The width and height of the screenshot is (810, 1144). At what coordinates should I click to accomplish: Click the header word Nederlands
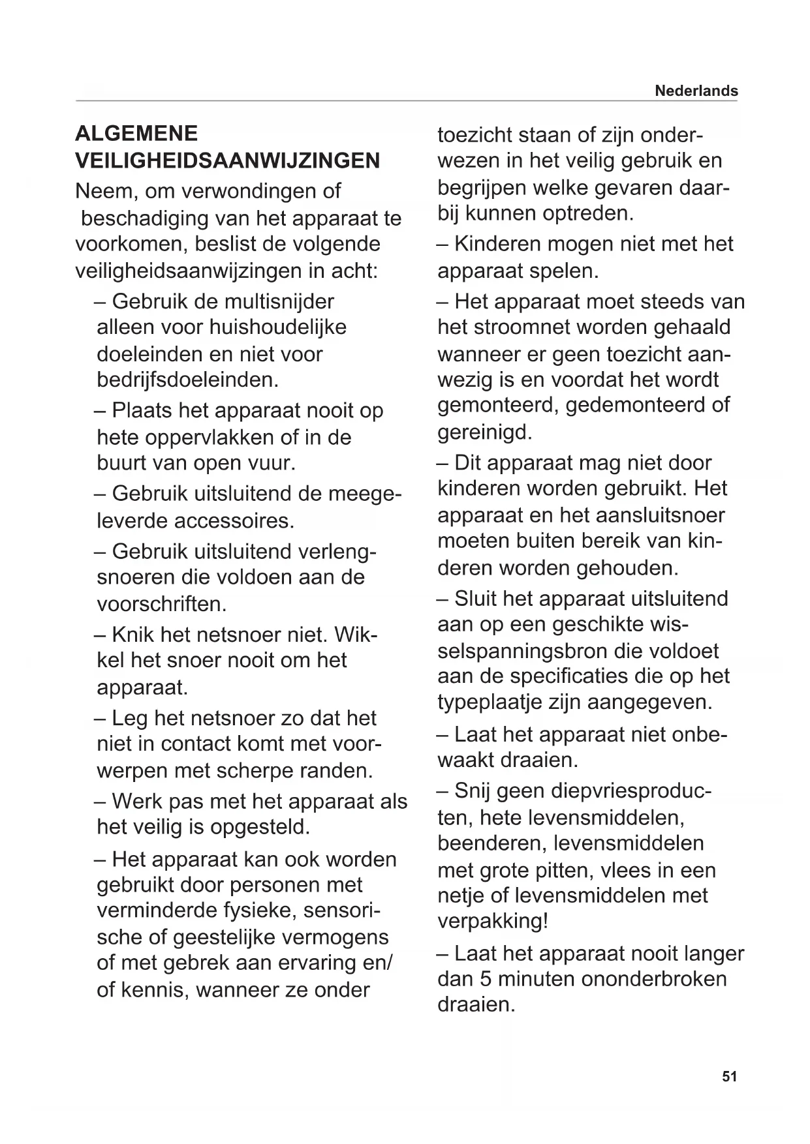point(696,91)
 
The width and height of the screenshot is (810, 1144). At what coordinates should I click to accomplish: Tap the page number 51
point(729,1076)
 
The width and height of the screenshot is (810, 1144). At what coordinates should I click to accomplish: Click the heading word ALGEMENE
point(136,134)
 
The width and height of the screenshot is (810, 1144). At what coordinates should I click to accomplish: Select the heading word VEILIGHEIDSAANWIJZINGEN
point(228,160)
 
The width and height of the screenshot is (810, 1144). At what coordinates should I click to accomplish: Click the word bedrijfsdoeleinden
point(187,380)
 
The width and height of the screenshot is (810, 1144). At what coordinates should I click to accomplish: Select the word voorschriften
point(161,604)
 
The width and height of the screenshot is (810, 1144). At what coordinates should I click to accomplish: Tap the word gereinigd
point(485,432)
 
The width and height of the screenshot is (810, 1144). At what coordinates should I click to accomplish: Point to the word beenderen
point(491,843)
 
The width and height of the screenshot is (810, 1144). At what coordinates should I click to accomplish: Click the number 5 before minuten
point(486,979)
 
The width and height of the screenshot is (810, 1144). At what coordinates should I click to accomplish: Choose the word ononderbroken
point(653,979)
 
